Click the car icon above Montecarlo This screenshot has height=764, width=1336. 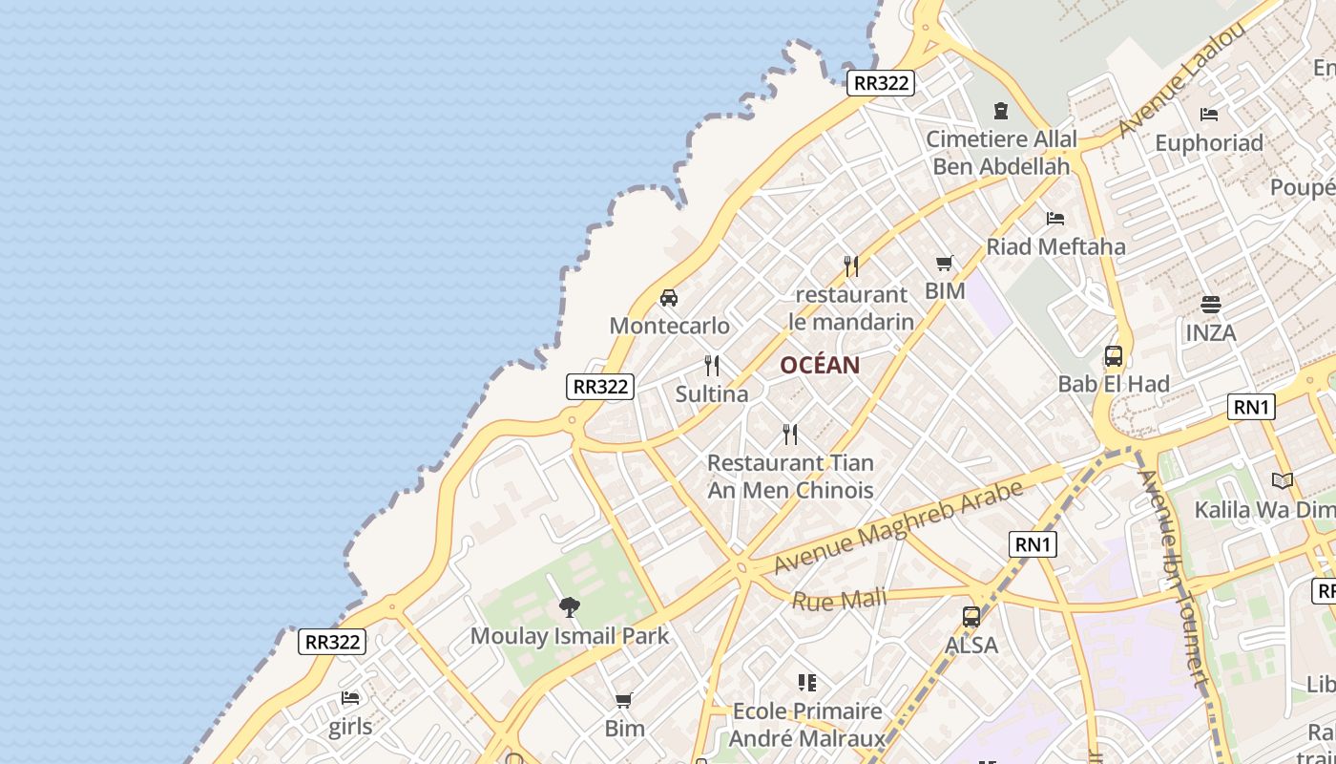669,298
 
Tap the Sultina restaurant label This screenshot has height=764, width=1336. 712,393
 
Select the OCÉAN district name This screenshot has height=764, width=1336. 820,365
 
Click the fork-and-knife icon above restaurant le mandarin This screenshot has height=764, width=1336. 851,265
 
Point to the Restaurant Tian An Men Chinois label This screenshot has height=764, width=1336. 790,477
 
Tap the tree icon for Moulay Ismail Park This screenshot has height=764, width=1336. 570,606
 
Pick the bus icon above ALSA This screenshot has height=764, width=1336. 971,617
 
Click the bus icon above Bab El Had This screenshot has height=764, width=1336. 1113,356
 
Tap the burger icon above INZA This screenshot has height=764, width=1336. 1211,305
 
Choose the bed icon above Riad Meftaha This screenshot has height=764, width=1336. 1055,219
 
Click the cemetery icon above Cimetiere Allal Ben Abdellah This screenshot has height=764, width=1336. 1001,111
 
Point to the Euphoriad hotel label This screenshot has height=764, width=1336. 1209,143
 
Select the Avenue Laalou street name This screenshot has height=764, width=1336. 1182,79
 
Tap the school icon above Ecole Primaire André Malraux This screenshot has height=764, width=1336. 807,683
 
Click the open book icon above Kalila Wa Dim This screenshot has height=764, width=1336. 1283,480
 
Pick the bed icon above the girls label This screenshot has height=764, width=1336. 350,698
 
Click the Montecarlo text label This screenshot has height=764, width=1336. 669,326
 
